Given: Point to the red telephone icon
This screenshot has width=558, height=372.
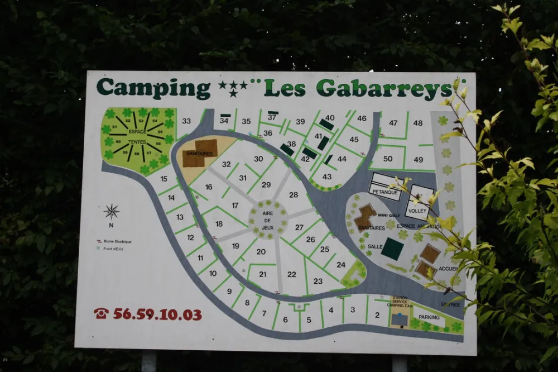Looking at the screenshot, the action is pyautogui.click(x=101, y=313).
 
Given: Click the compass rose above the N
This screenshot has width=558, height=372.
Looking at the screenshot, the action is pyautogui.click(x=112, y=212).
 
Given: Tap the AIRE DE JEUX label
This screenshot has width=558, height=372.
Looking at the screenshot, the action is pyautogui.click(x=267, y=217).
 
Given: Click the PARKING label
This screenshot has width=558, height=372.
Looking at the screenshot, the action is pyautogui.click(x=429, y=317).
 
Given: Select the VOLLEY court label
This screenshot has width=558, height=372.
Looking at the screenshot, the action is pyautogui.click(x=417, y=211).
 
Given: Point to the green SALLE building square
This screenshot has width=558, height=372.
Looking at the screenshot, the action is pyautogui.click(x=392, y=249).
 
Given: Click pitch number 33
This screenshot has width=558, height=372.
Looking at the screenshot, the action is pyautogui.click(x=186, y=121).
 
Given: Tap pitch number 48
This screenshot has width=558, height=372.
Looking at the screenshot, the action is pyautogui.click(x=418, y=123).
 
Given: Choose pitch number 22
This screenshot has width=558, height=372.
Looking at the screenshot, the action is pyautogui.click(x=292, y=274).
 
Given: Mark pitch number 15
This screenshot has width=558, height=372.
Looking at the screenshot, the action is pyautogui.click(x=163, y=179).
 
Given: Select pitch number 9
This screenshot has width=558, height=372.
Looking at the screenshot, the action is pyautogui.click(x=229, y=290).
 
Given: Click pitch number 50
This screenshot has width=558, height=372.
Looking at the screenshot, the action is pyautogui.click(x=388, y=159).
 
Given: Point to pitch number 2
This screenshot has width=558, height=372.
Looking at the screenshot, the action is pyautogui.click(x=377, y=315).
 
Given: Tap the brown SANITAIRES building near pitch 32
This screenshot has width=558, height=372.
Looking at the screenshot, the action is pyautogui.click(x=200, y=153).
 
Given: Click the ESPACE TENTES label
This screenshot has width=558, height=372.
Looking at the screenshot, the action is pyautogui.click(x=137, y=137).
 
